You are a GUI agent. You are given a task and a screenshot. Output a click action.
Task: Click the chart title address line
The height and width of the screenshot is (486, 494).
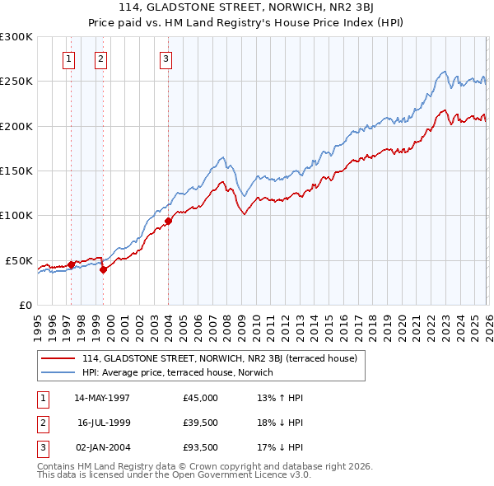pos(246,8)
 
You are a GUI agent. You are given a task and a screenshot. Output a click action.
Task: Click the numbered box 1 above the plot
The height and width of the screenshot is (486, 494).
pos(68,58)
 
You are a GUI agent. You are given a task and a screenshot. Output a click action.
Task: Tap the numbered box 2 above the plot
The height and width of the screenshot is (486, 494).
pos(100,58)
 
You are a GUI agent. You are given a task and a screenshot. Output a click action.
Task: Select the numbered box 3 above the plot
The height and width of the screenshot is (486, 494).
pos(165,58)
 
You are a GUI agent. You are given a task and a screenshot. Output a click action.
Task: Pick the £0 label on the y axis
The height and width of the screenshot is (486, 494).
pos(25,305)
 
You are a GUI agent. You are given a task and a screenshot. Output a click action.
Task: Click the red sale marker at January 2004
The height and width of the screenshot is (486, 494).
pos(168,221)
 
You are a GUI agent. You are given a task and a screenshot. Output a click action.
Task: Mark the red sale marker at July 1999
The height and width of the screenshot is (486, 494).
pos(103,269)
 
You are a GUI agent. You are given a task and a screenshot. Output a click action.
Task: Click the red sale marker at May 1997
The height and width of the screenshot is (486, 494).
pos(71,264)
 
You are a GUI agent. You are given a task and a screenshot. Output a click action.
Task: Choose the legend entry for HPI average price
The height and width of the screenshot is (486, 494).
pos(177,373)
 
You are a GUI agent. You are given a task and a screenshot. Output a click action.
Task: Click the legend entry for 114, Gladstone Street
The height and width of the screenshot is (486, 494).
pos(219,358)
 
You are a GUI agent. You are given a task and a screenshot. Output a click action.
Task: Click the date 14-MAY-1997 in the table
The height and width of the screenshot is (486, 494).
pos(102,398)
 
